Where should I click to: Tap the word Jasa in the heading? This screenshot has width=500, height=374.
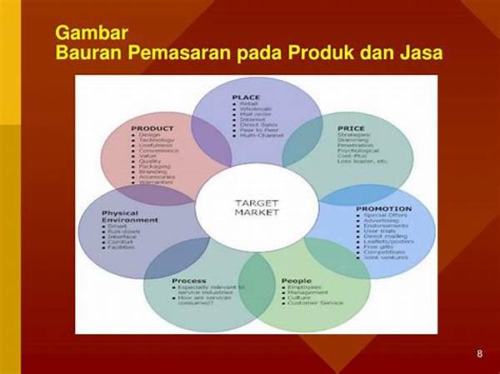click(x=419, y=53)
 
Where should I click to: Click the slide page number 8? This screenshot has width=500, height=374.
click(x=479, y=353)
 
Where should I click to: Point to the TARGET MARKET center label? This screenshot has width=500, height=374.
click(x=256, y=208)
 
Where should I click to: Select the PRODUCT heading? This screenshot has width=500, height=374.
click(x=152, y=128)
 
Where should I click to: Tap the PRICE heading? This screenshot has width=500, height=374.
click(x=351, y=128)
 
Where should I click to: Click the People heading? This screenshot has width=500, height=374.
click(x=297, y=281)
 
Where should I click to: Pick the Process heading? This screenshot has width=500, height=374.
click(x=189, y=281)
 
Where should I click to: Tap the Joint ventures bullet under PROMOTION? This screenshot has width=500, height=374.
click(x=387, y=257)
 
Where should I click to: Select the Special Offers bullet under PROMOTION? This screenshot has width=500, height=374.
click(x=386, y=216)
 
